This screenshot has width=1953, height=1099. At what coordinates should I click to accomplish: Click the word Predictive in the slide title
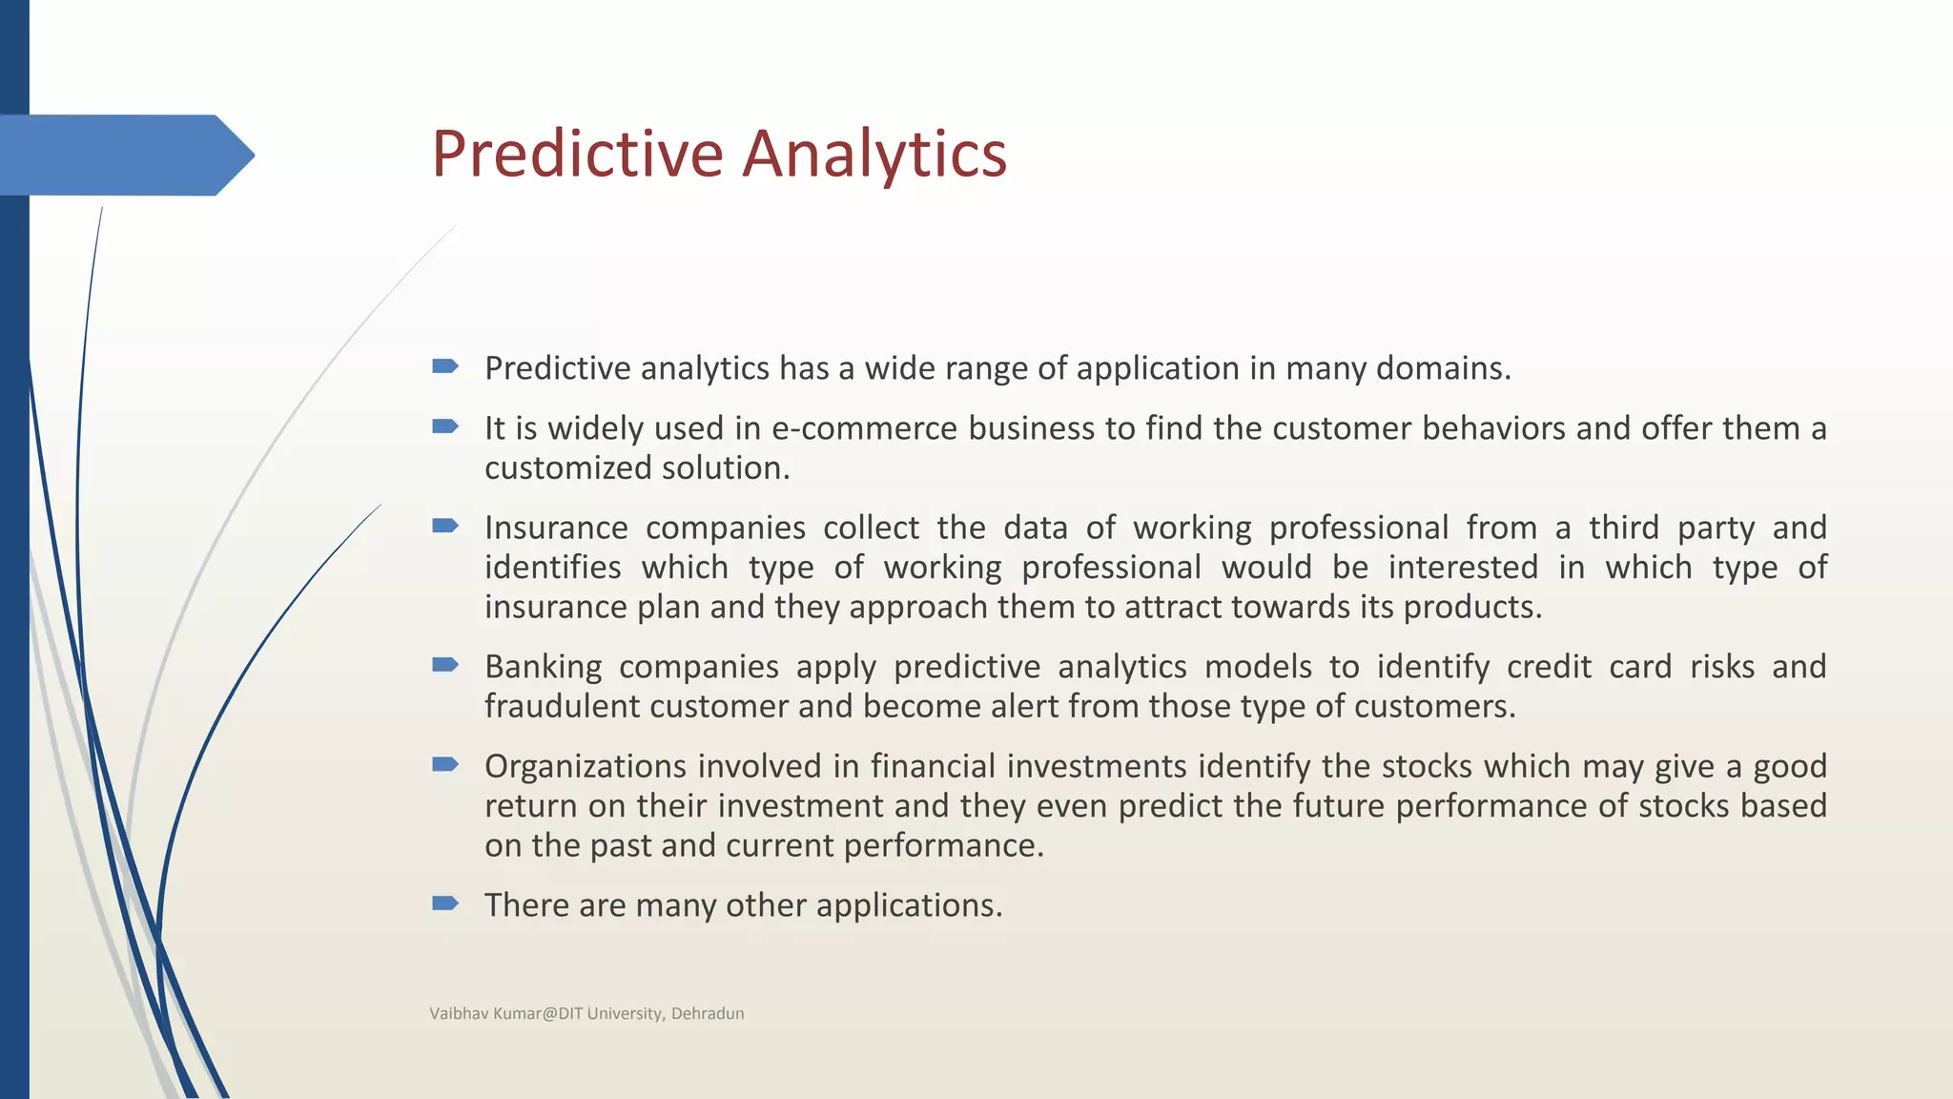pyautogui.click(x=577, y=154)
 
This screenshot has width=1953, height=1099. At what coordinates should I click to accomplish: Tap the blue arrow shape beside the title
pyautogui.click(x=124, y=156)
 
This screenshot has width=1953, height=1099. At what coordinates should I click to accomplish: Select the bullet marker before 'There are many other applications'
pyautogui.click(x=445, y=902)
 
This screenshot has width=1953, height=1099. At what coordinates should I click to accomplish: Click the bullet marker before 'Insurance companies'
pyautogui.click(x=445, y=526)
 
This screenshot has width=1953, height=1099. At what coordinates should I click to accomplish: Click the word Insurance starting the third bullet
pyautogui.click(x=556, y=528)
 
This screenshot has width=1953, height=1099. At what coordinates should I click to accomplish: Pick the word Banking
pyautogui.click(x=543, y=667)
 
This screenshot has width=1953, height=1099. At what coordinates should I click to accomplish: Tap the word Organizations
pyautogui.click(x=586, y=766)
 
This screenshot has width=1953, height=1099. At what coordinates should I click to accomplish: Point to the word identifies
pyautogui.click(x=552, y=568)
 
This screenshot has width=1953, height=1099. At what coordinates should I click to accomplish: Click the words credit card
pyautogui.click(x=1589, y=667)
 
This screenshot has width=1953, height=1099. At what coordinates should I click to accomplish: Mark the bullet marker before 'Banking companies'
pyautogui.click(x=445, y=664)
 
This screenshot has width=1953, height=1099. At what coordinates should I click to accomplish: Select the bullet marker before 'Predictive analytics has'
pyautogui.click(x=445, y=366)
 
